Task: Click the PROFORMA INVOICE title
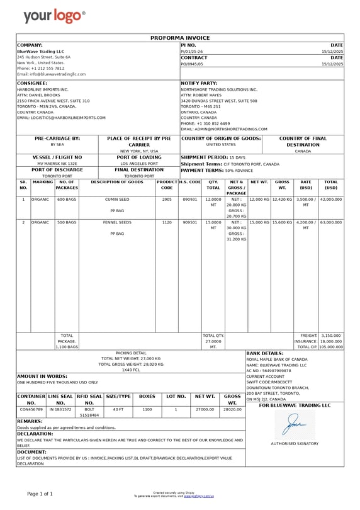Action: [x=180, y=38]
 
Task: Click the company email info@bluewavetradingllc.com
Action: [x=51, y=74]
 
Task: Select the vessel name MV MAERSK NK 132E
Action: [x=57, y=163]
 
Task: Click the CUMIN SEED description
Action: [x=117, y=199]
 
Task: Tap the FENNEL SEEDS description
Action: [x=117, y=222]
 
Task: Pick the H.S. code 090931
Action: [x=189, y=199]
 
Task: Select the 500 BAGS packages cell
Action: [x=67, y=222]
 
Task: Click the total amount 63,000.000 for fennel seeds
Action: [x=331, y=222]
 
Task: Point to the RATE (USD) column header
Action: [x=306, y=184]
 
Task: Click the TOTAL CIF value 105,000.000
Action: [x=331, y=346]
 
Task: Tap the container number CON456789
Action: [x=31, y=409]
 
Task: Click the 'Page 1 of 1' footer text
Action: [x=40, y=493]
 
